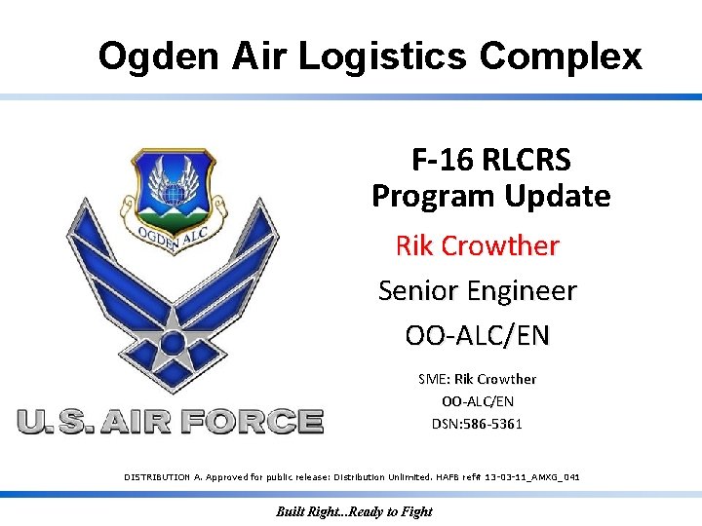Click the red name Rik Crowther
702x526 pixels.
(477, 245)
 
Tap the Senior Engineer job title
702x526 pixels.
(477, 290)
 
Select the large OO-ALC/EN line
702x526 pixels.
(477, 335)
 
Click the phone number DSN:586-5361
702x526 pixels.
(477, 424)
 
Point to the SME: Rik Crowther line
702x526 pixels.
(477, 379)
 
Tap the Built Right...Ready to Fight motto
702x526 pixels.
(354, 511)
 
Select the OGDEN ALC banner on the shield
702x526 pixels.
(170, 240)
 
